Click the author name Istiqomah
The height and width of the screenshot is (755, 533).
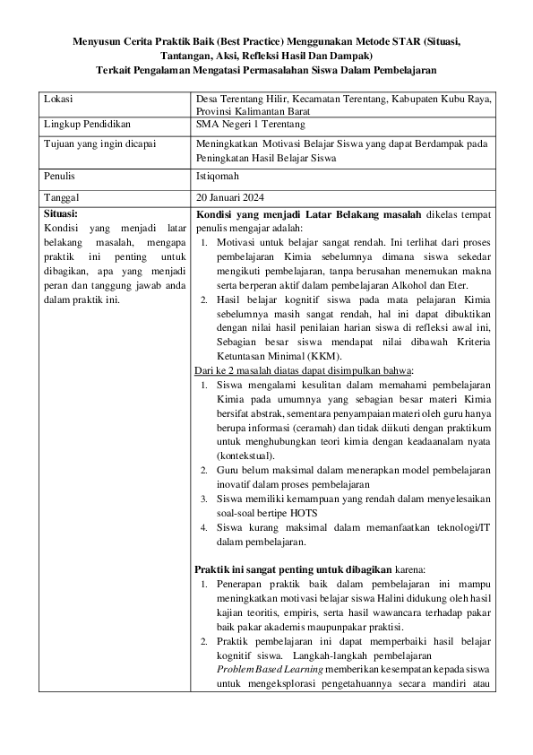[x=221, y=177]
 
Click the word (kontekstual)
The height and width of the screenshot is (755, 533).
[x=248, y=455]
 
